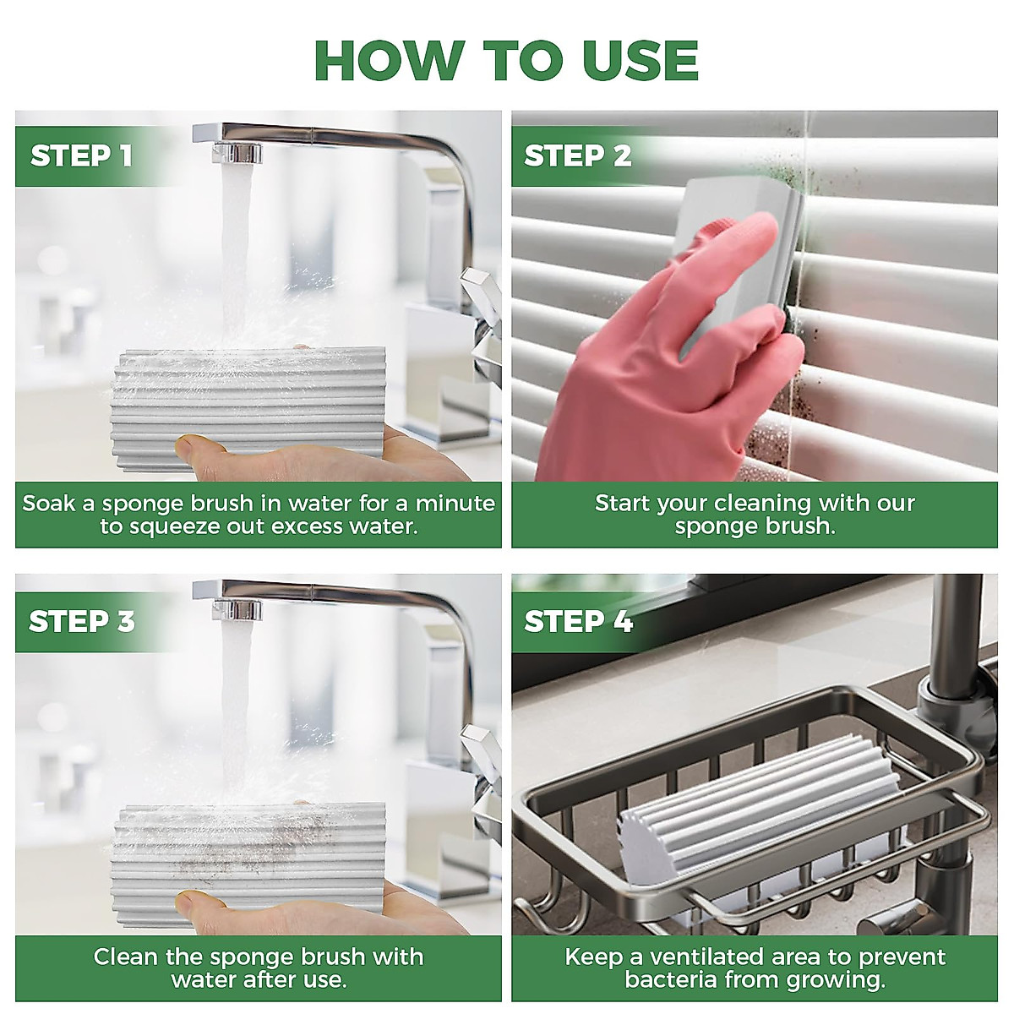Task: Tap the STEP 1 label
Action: [81, 155]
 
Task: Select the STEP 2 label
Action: [577, 155]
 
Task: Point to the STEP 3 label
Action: [82, 621]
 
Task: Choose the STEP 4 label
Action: [578, 621]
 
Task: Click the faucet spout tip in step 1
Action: [237, 153]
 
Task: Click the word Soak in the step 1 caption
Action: [50, 504]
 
